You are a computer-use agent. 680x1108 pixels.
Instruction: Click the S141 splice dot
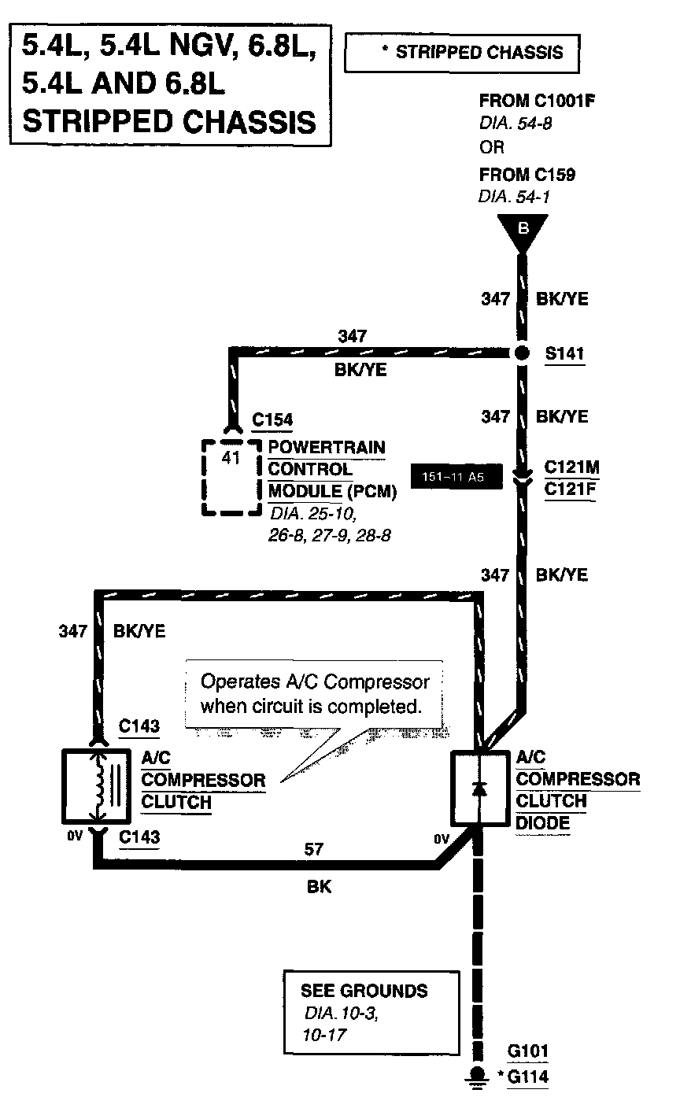coord(521,353)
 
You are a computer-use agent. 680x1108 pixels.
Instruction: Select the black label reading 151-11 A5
coord(456,477)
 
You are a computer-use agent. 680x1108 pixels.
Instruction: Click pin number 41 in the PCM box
coord(231,457)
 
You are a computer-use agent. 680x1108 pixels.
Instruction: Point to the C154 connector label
coord(272,419)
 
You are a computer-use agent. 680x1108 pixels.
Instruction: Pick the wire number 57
coord(313,849)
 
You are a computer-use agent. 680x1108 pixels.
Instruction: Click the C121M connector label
coord(571,467)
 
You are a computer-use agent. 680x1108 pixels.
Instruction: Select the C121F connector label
coord(571,489)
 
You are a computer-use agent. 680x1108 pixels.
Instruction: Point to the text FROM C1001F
coord(537,101)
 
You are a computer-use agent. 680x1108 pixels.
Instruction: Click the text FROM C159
coord(527,175)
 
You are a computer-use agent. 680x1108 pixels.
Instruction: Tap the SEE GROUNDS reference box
coord(372,1013)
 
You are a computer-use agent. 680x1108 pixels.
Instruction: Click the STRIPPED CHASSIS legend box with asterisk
coord(462,53)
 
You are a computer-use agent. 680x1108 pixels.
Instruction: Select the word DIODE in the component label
coord(543,823)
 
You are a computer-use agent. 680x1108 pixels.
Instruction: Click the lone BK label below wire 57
coord(319,886)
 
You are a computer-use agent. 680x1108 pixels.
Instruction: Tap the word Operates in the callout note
coord(240,682)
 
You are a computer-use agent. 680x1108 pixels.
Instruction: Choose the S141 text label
coord(565,353)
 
